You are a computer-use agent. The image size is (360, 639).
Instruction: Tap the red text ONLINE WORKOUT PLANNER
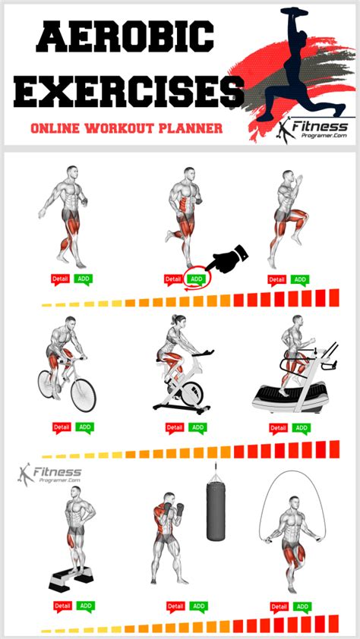[126, 128]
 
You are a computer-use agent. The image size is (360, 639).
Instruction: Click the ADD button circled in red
[197, 279]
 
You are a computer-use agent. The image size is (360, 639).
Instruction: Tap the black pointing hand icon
[228, 262]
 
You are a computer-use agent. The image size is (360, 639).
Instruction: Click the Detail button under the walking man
[61, 279]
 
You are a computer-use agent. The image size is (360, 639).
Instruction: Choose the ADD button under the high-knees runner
[300, 279]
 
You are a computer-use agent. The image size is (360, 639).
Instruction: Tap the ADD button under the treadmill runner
[300, 428]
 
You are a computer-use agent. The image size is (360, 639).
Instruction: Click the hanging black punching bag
[216, 512]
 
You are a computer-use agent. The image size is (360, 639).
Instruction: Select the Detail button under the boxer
[175, 607]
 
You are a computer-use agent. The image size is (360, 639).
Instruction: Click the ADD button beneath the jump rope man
[302, 607]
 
